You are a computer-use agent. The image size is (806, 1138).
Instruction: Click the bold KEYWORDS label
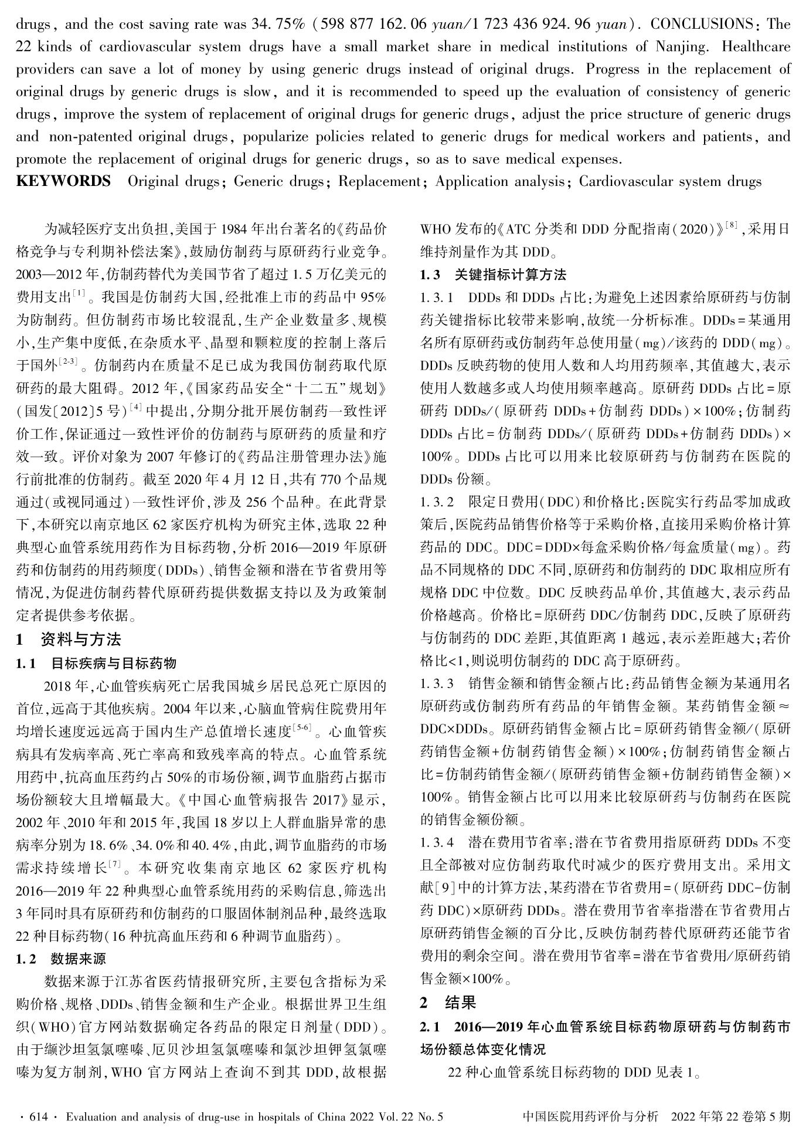[63, 181]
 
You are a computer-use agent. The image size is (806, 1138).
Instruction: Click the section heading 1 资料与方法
[69, 639]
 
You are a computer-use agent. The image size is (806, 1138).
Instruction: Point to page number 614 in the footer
[38, 1117]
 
